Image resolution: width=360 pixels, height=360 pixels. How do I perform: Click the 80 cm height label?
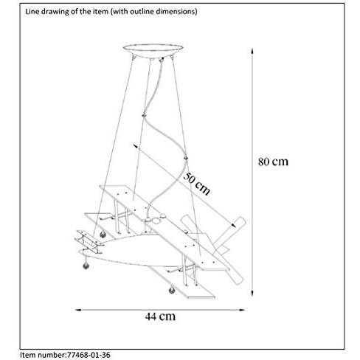pos(273,162)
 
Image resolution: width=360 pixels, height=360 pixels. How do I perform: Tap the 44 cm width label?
pos(160,316)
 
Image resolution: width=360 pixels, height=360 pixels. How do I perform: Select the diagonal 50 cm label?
pos(197,184)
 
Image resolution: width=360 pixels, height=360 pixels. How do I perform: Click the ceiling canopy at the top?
pos(153,51)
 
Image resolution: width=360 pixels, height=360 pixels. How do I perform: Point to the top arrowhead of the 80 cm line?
pos(252,51)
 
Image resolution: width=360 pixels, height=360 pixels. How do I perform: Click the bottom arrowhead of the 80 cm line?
pos(252,293)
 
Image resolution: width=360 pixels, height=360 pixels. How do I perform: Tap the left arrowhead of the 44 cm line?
pos(79,310)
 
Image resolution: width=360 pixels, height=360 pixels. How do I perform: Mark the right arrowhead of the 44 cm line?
pos(241,310)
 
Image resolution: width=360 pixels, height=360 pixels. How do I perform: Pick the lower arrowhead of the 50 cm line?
pos(232,225)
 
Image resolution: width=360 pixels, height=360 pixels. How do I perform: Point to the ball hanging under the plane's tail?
pos(86,265)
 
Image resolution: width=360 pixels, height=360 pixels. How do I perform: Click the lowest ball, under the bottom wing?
pos(172,290)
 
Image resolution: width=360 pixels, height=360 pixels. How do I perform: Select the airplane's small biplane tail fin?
pos(89,241)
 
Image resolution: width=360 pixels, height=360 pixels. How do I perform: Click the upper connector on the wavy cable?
pos(144,115)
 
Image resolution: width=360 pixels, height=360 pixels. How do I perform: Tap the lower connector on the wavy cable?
pos(186,158)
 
